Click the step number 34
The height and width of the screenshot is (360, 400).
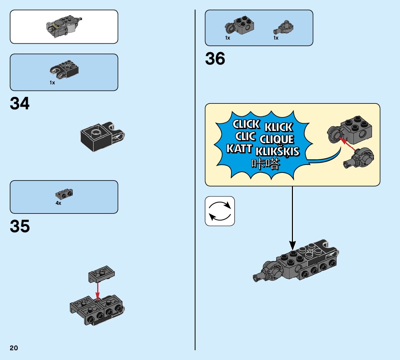point(20,103)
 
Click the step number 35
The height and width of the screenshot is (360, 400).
point(20,226)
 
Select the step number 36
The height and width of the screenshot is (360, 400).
point(215,59)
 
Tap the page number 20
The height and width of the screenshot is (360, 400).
point(14,348)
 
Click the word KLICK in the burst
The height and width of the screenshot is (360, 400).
point(279,127)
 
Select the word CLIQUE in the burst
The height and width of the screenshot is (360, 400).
point(277,140)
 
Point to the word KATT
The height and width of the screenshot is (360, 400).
point(239,149)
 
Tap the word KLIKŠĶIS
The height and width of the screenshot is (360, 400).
point(277,152)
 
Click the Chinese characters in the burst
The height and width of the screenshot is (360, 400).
point(265,164)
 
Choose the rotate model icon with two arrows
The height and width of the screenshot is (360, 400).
point(220,211)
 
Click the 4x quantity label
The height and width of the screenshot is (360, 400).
point(58,203)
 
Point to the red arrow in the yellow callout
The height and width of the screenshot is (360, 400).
point(348,145)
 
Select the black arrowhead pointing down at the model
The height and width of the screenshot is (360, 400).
point(293,245)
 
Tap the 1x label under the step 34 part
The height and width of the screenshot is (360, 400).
point(52,83)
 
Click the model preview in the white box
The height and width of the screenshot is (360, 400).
point(64,26)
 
